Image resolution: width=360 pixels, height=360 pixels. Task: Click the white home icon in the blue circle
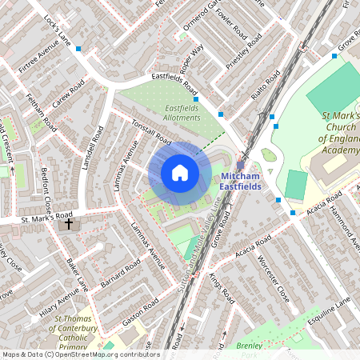point(180,173)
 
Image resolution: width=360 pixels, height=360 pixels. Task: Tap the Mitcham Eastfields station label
point(241,181)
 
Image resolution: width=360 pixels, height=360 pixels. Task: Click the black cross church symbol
point(69,224)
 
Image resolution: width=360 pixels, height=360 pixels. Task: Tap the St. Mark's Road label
point(46,216)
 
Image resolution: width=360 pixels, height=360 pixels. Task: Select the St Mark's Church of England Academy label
point(340,133)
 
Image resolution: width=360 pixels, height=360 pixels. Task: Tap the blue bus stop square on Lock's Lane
point(78,49)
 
